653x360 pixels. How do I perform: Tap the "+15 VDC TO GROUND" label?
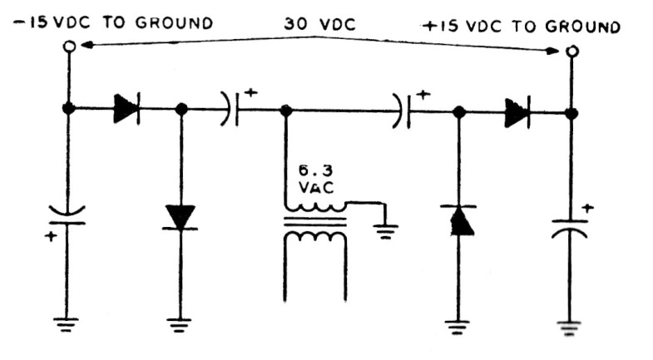click(522, 26)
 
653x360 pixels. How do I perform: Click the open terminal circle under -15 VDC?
click(69, 48)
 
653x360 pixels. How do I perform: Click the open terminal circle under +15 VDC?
click(572, 51)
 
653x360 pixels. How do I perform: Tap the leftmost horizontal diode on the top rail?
click(126, 109)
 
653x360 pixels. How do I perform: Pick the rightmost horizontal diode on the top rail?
click(515, 111)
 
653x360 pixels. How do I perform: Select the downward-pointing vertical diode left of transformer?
click(181, 217)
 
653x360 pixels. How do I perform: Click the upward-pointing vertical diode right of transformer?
click(458, 219)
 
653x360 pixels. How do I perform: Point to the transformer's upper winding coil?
click(315, 206)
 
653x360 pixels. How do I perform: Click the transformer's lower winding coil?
click(315, 237)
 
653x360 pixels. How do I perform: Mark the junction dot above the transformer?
click(285, 110)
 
